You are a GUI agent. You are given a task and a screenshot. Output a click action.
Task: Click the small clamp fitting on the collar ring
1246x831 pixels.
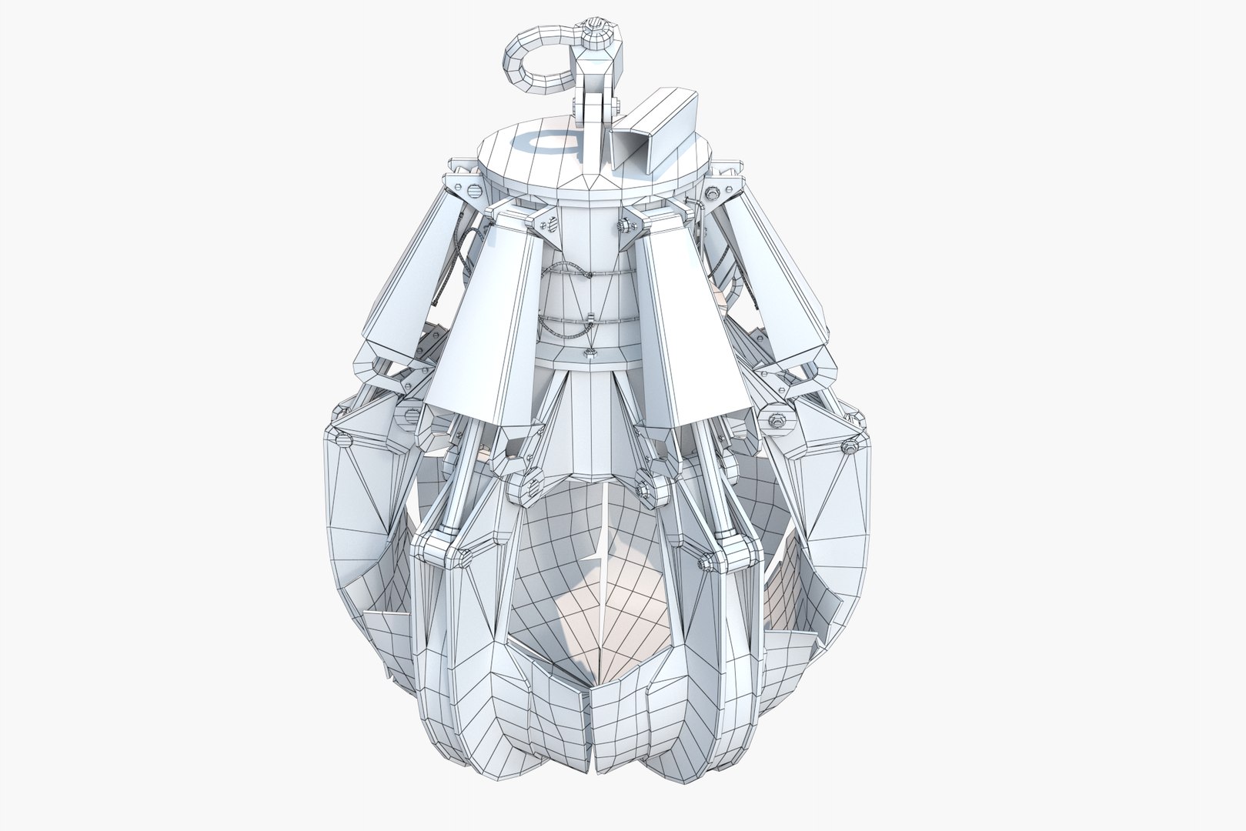[590, 353]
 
